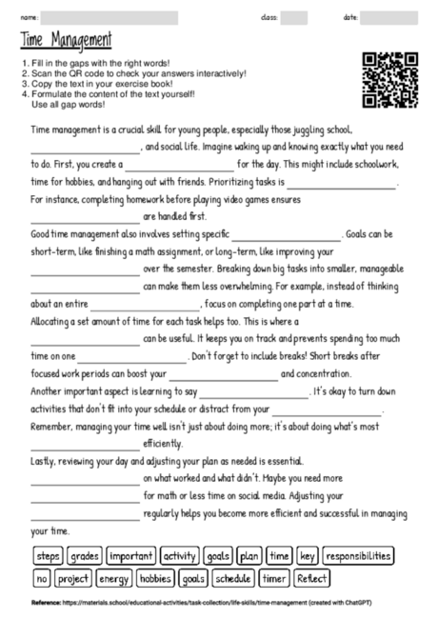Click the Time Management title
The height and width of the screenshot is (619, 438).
[x=65, y=40]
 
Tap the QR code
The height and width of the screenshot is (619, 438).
[x=390, y=78]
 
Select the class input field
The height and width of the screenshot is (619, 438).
[x=293, y=17]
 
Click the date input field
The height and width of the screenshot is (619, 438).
[x=395, y=17]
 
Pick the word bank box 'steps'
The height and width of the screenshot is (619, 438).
[x=47, y=555]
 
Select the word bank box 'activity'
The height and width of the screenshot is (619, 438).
[x=179, y=555]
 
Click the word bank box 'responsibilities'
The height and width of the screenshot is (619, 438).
[x=358, y=555]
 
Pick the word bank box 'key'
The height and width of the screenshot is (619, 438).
[x=308, y=555]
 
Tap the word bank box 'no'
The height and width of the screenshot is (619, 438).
[x=41, y=578]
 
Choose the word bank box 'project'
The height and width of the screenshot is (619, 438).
[x=73, y=578]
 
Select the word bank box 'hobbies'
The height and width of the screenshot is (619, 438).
[x=154, y=578]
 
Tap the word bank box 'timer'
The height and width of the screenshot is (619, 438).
[x=274, y=578]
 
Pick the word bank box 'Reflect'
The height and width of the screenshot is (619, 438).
[x=312, y=578]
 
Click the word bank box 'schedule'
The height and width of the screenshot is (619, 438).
[x=232, y=578]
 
